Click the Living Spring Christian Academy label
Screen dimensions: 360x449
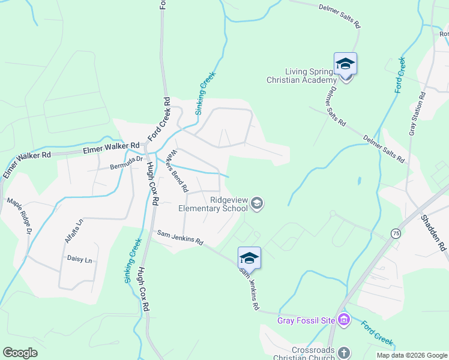click(x=302, y=76)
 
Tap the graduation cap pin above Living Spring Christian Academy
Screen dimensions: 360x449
click(x=345, y=64)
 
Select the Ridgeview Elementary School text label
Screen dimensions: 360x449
click(x=213, y=205)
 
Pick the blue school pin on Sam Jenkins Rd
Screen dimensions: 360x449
click(x=249, y=258)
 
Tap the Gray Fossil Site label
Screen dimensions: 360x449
click(x=306, y=320)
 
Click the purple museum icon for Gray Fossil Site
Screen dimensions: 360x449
click(x=343, y=319)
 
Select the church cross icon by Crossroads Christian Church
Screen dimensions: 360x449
click(x=343, y=353)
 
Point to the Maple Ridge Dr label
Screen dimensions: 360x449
click(x=19, y=215)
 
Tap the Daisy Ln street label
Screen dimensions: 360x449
click(x=80, y=260)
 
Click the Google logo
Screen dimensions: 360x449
click(x=20, y=352)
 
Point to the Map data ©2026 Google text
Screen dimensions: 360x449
click(x=411, y=355)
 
